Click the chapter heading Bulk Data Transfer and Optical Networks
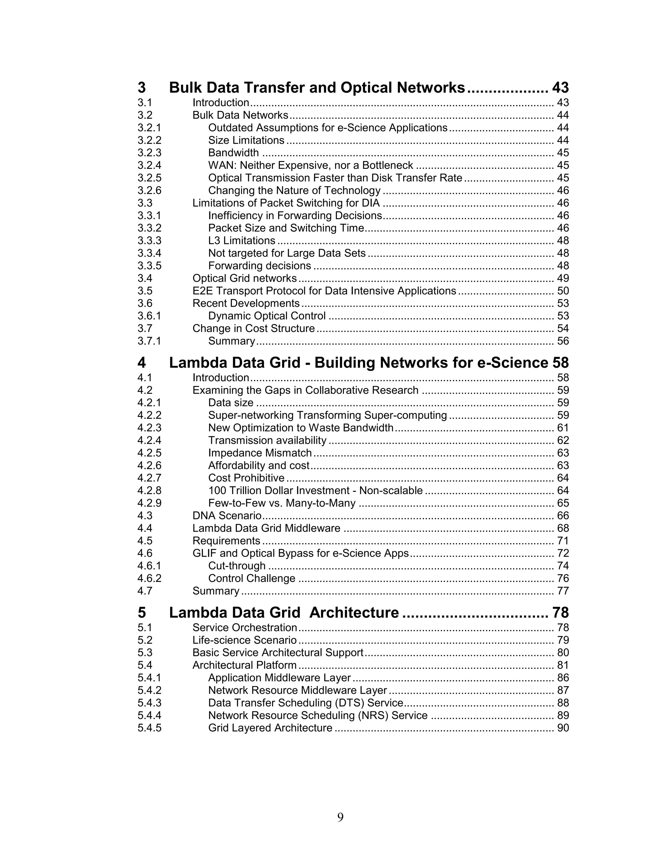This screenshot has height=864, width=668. pyautogui.click(x=317, y=88)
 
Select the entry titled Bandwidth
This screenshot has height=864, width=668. pyautogui.click(x=234, y=153)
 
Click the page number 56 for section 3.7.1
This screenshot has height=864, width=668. pyautogui.click(x=562, y=341)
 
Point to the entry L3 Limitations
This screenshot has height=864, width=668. pyautogui.click(x=241, y=241)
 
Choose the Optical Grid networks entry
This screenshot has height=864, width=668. pyautogui.click(x=244, y=278)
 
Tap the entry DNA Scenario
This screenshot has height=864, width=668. pyautogui.click(x=227, y=516)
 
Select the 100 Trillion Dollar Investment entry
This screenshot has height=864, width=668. pyautogui.click(x=315, y=491)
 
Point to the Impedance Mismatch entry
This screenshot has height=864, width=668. pyautogui.click(x=260, y=453)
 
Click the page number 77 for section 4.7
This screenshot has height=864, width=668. pyautogui.click(x=562, y=591)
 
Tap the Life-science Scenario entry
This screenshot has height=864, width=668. pyautogui.click(x=244, y=640)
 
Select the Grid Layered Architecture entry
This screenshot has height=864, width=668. pyautogui.click(x=270, y=728)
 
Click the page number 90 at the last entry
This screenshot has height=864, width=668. pyautogui.click(x=562, y=728)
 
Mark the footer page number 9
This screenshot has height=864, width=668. pyautogui.click(x=340, y=817)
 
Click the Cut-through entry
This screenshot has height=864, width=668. pyautogui.click(x=237, y=566)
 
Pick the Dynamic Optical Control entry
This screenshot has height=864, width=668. pyautogui.click(x=267, y=316)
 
